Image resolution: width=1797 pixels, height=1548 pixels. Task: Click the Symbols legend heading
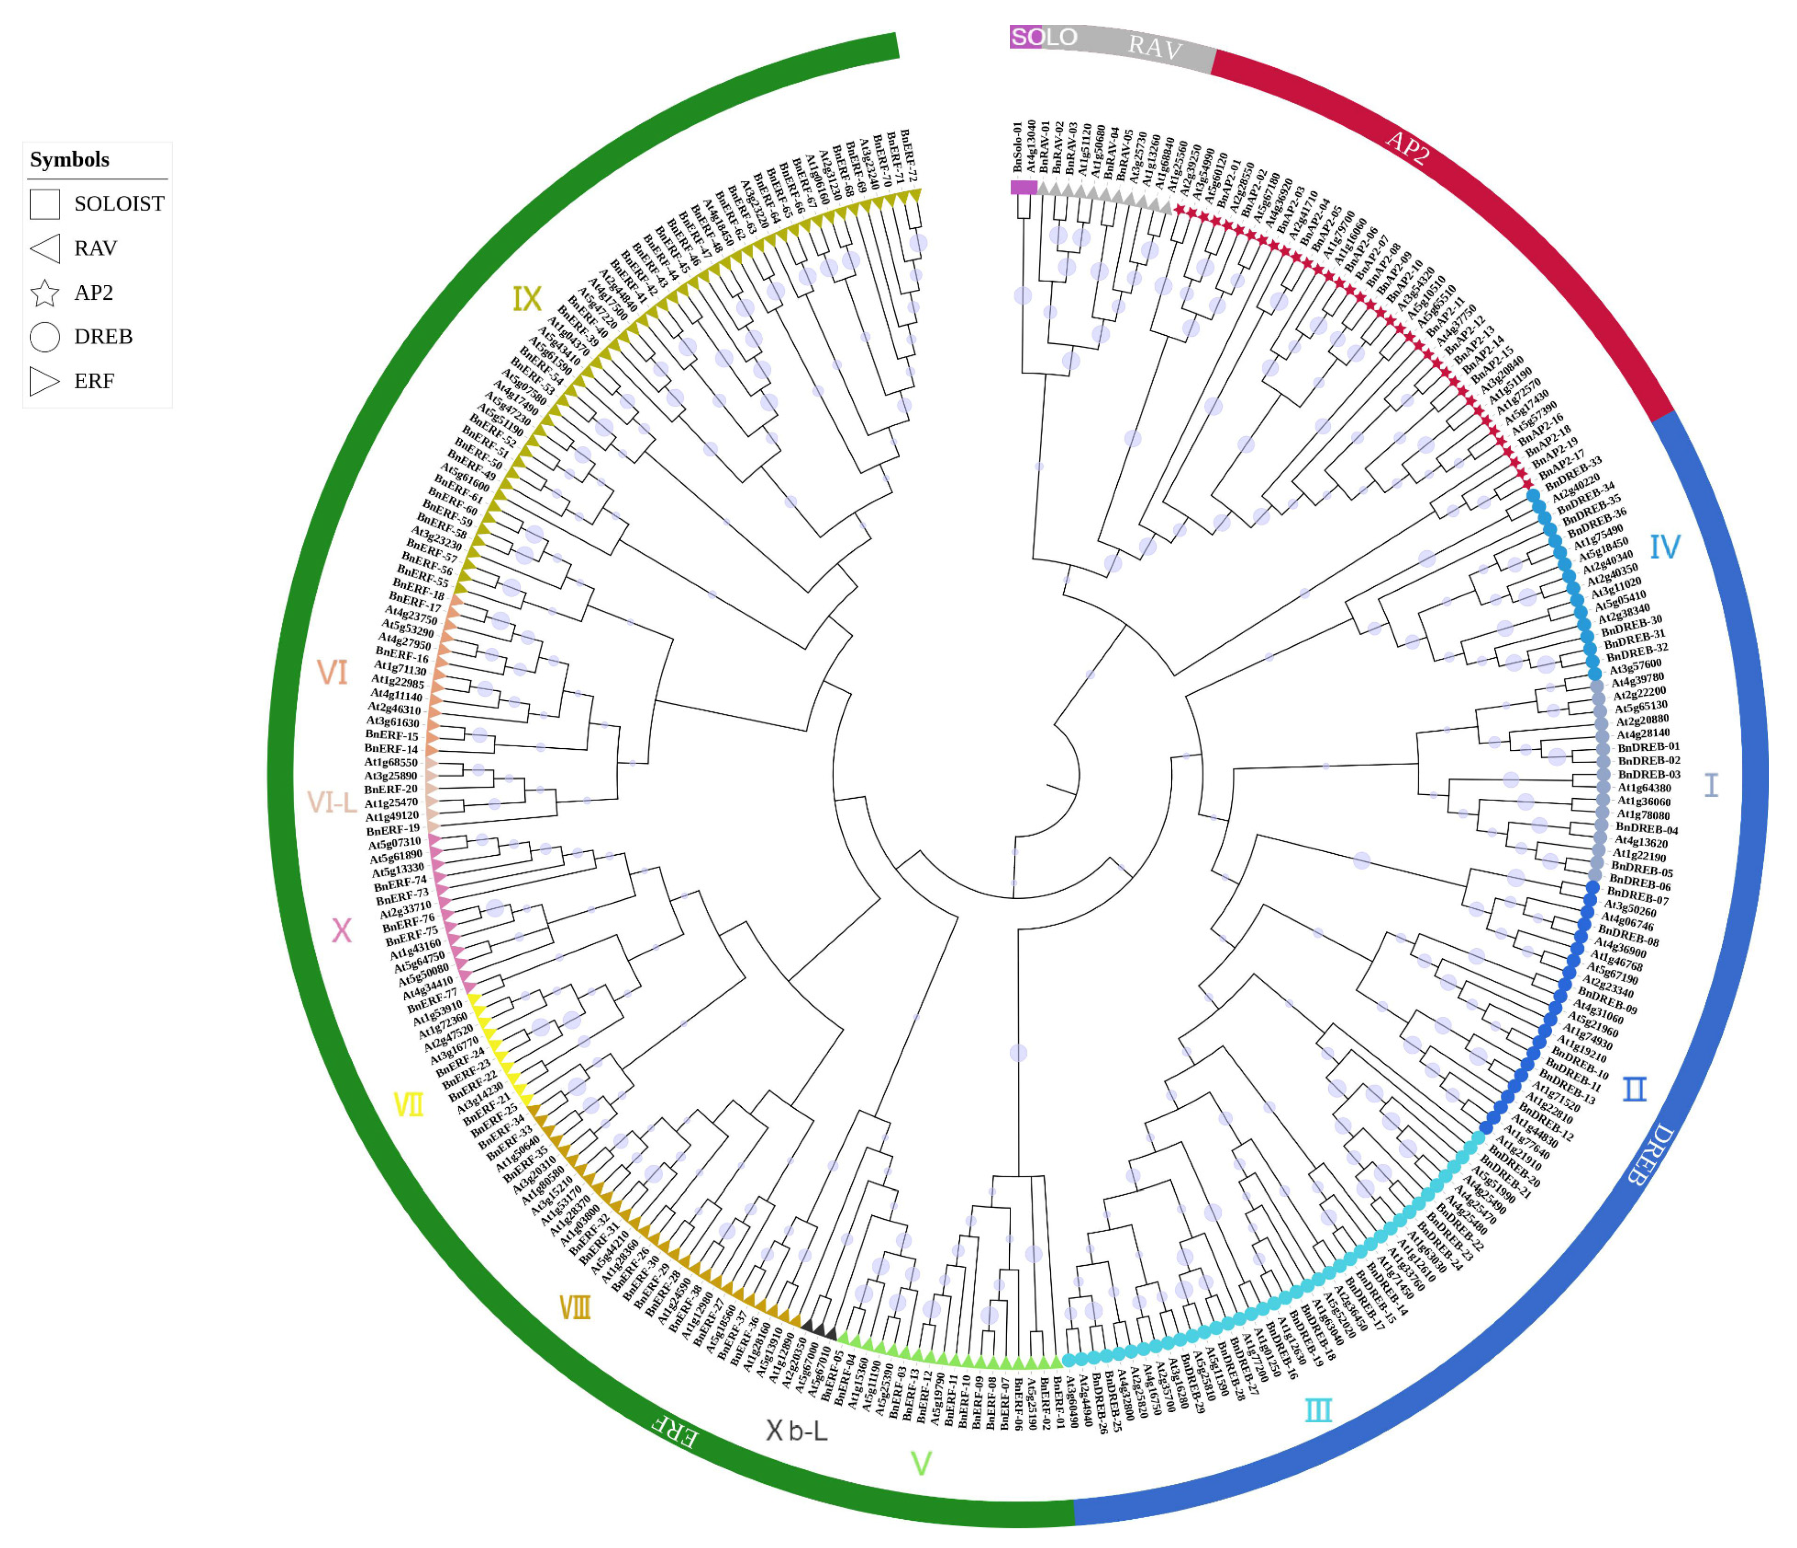(69, 160)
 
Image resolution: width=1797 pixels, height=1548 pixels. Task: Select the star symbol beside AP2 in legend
(44, 293)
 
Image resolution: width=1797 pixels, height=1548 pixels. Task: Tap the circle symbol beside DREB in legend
(44, 337)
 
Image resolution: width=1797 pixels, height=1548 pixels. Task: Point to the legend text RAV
(95, 249)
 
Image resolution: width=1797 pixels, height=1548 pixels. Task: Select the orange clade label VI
(332, 673)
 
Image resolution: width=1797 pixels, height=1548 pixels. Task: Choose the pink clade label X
(342, 931)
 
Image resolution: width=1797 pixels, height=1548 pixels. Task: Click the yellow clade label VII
(408, 1105)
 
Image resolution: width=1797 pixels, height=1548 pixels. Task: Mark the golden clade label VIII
(575, 1308)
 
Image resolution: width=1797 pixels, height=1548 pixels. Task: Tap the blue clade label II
(1635, 1089)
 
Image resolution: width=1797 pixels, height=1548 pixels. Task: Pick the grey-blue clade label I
(1711, 785)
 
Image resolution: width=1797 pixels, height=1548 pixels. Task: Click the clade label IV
(1664, 547)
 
